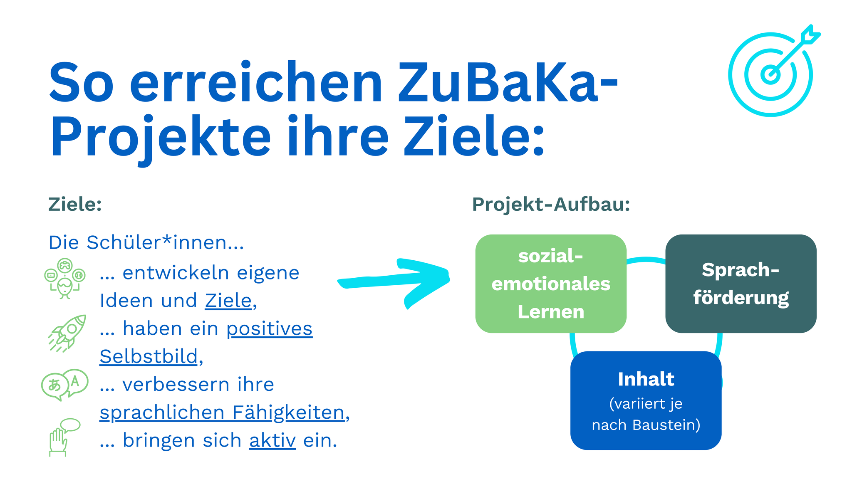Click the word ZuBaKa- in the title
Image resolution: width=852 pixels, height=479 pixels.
[508, 82]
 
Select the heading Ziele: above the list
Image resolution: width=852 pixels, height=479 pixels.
[75, 204]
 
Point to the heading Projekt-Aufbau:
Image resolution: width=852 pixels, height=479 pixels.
[551, 204]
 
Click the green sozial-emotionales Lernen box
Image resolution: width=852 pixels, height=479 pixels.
[551, 284]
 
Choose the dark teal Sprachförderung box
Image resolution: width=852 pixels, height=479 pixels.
[741, 284]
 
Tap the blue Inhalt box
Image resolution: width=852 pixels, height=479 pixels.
[646, 400]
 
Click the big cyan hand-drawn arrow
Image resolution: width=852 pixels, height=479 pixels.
[394, 282]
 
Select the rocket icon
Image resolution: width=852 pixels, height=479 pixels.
[67, 333]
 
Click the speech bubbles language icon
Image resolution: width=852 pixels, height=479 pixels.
[64, 385]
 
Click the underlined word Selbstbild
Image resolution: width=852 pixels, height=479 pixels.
[149, 357]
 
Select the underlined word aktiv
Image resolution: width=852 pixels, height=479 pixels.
[272, 440]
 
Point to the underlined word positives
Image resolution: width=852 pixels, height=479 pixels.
[270, 329]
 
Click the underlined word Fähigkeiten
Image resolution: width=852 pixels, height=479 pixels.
[288, 413]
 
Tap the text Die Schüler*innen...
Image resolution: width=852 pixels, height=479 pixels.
[146, 242]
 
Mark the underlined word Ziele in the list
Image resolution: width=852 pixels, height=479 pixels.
[228, 301]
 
